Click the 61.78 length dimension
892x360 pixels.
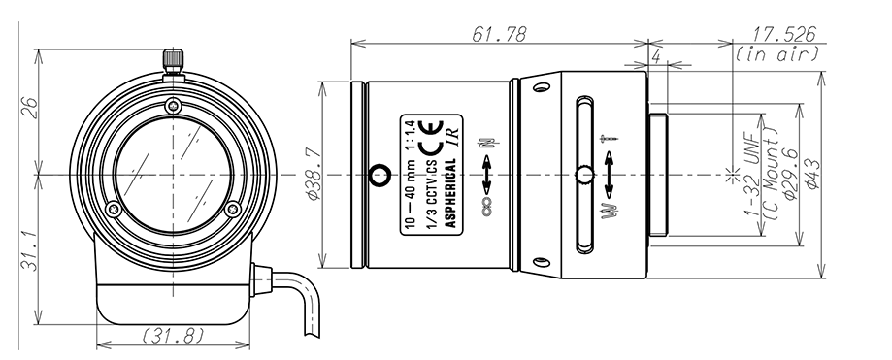(499, 34)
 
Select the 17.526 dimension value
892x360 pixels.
(784, 34)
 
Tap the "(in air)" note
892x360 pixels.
(777, 53)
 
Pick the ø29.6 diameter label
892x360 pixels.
(791, 174)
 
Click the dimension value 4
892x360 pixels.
(656, 57)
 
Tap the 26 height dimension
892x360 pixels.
(29, 108)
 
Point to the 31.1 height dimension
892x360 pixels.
(29, 250)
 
